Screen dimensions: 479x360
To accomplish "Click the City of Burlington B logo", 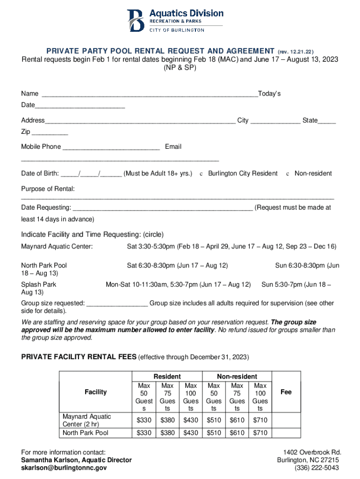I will (136, 20).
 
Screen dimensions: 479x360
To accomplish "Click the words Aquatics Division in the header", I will (186, 13).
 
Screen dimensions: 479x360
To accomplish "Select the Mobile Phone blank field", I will (111, 147).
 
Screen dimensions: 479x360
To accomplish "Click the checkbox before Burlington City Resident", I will (201, 174).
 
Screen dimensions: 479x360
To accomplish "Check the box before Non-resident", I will (288, 174).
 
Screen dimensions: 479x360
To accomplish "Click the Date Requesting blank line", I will (163, 207).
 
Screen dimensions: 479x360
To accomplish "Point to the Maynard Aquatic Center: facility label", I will (57, 247).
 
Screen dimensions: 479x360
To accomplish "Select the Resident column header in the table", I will (167, 376).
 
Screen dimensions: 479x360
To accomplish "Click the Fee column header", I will (286, 392).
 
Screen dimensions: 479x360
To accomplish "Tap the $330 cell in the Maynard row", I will (144, 420).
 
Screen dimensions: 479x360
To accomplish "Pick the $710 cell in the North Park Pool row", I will (260, 433).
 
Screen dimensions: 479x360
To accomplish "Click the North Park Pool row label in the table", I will (86, 433).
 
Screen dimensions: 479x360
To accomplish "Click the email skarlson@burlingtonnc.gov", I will (64, 468).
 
